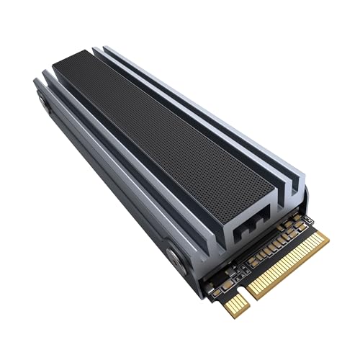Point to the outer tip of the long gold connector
click(324, 241)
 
